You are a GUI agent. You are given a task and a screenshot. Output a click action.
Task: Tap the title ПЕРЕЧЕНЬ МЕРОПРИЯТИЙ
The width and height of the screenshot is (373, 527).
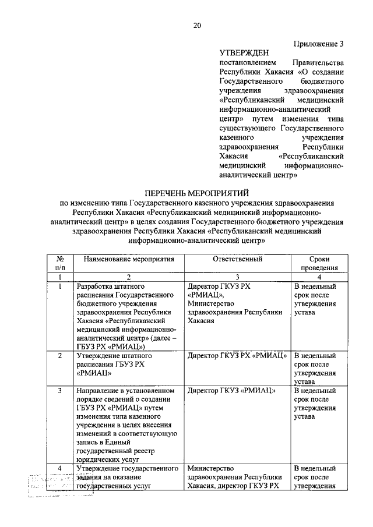click(197, 193)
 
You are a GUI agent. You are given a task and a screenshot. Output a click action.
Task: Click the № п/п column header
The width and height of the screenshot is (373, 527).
click(60, 263)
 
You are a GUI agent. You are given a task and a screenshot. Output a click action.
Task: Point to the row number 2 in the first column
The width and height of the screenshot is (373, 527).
click(60, 355)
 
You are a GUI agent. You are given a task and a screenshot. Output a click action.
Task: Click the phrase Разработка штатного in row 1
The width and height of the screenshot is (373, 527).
click(110, 287)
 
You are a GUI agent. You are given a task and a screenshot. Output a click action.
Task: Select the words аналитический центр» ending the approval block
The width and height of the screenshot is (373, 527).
click(258, 174)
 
